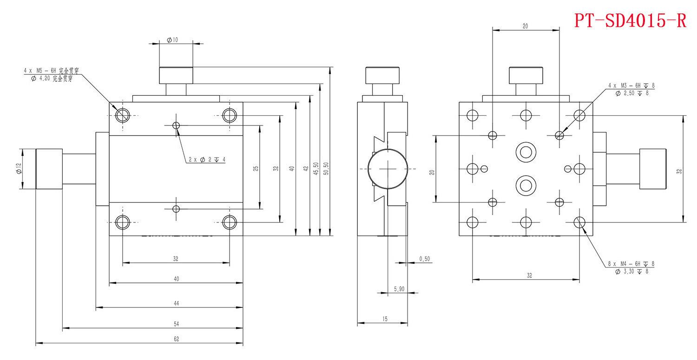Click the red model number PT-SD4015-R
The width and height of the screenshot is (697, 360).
[630, 20]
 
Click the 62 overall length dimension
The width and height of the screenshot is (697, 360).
[176, 339]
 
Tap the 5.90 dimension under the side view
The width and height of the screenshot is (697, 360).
[399, 289]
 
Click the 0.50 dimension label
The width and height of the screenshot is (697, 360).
[424, 258]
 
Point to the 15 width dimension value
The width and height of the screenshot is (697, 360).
[384, 319]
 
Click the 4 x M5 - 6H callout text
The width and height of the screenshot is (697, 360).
[51, 71]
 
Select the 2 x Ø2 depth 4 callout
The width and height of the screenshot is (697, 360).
[207, 159]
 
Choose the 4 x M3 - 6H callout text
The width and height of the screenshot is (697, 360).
[631, 86]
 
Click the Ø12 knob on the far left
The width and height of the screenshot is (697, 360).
[49, 169]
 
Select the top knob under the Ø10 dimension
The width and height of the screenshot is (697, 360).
[176, 75]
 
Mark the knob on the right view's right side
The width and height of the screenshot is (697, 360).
[653, 169]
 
